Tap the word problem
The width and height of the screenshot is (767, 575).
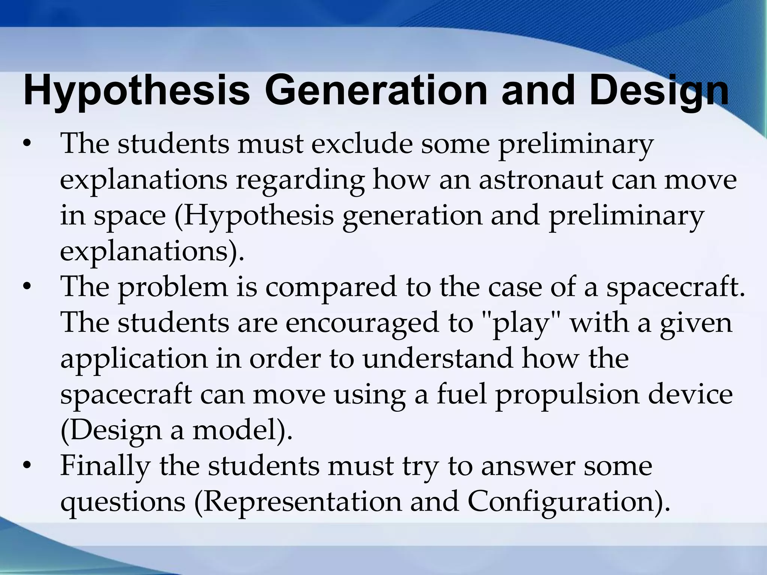[173, 288]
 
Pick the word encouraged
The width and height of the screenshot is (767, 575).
[362, 323]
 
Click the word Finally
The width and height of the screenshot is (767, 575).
[105, 466]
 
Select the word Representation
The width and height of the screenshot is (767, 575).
[298, 502]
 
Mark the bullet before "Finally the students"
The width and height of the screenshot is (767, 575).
[26, 466]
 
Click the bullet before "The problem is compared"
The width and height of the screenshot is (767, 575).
[26, 288]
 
